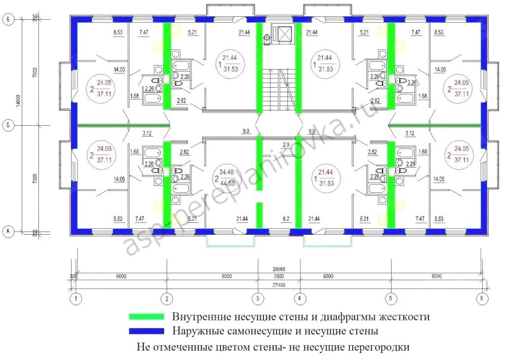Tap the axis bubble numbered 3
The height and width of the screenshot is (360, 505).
click(x=257, y=298)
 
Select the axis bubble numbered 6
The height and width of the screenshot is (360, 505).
click(x=482, y=298)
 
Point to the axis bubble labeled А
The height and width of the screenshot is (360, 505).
click(x=8, y=231)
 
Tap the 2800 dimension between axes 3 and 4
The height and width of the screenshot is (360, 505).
click(x=279, y=277)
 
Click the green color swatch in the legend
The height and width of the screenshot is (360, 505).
click(x=146, y=316)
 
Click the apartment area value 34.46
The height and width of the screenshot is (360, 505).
click(x=227, y=172)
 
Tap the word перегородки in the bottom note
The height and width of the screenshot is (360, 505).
click(x=380, y=347)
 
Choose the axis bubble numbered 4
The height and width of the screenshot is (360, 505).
click(x=300, y=298)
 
